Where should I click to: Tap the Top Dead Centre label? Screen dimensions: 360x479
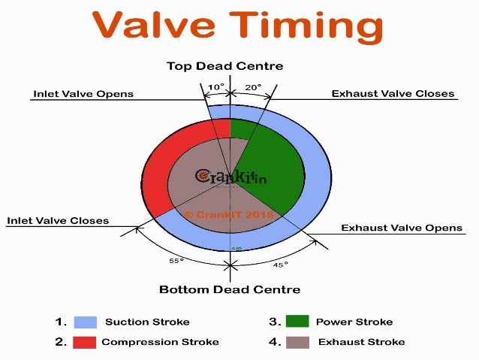pyautogui.click(x=224, y=66)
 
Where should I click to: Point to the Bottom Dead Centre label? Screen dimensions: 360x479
pyautogui.click(x=230, y=289)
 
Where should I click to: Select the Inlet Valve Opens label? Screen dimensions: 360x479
pyautogui.click(x=83, y=95)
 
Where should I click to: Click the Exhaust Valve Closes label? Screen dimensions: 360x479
pyautogui.click(x=393, y=94)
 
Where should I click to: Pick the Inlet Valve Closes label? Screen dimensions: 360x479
pyautogui.click(x=58, y=221)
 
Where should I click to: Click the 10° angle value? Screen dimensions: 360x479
pyautogui.click(x=215, y=87)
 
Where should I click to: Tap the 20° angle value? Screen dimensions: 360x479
pyautogui.click(x=253, y=87)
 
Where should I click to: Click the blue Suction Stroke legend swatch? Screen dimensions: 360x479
pyautogui.click(x=85, y=322)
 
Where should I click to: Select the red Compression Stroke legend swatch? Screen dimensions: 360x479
pyautogui.click(x=85, y=342)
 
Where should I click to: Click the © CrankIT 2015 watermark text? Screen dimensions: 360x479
pyautogui.click(x=229, y=214)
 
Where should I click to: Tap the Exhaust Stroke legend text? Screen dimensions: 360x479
pyautogui.click(x=361, y=342)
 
